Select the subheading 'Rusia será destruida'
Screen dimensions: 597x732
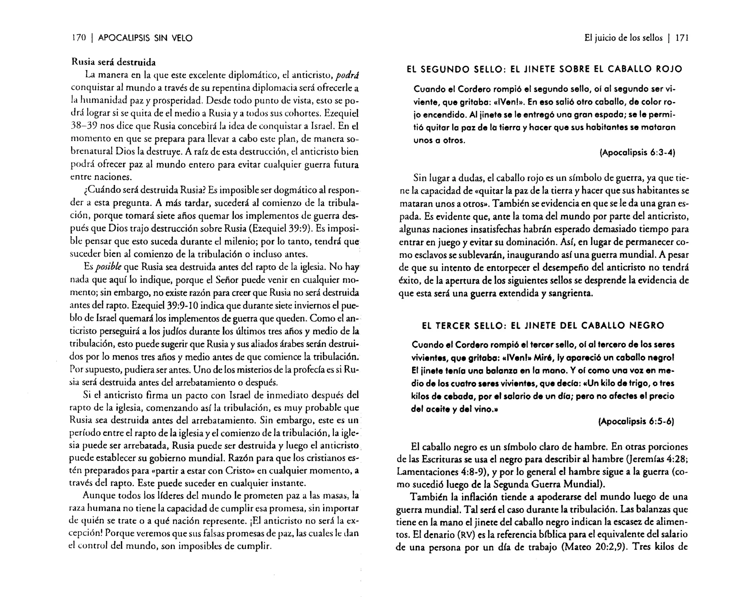114,62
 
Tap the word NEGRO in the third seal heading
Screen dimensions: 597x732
647,325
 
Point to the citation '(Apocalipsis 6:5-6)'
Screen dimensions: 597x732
636,422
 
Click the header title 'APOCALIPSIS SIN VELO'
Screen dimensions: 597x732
145,38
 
